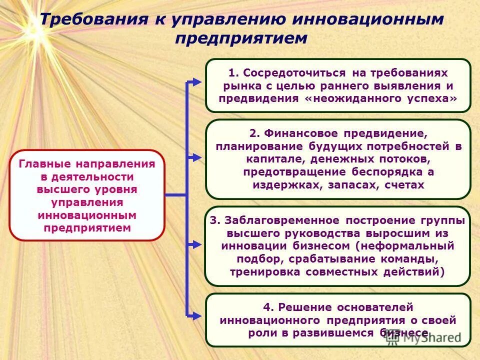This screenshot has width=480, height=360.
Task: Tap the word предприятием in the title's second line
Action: click(x=240, y=38)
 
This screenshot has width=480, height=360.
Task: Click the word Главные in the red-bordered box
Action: click(x=46, y=164)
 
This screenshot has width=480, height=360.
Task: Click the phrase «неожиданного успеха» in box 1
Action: click(x=380, y=98)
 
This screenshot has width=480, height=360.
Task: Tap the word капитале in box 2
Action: click(x=273, y=159)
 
